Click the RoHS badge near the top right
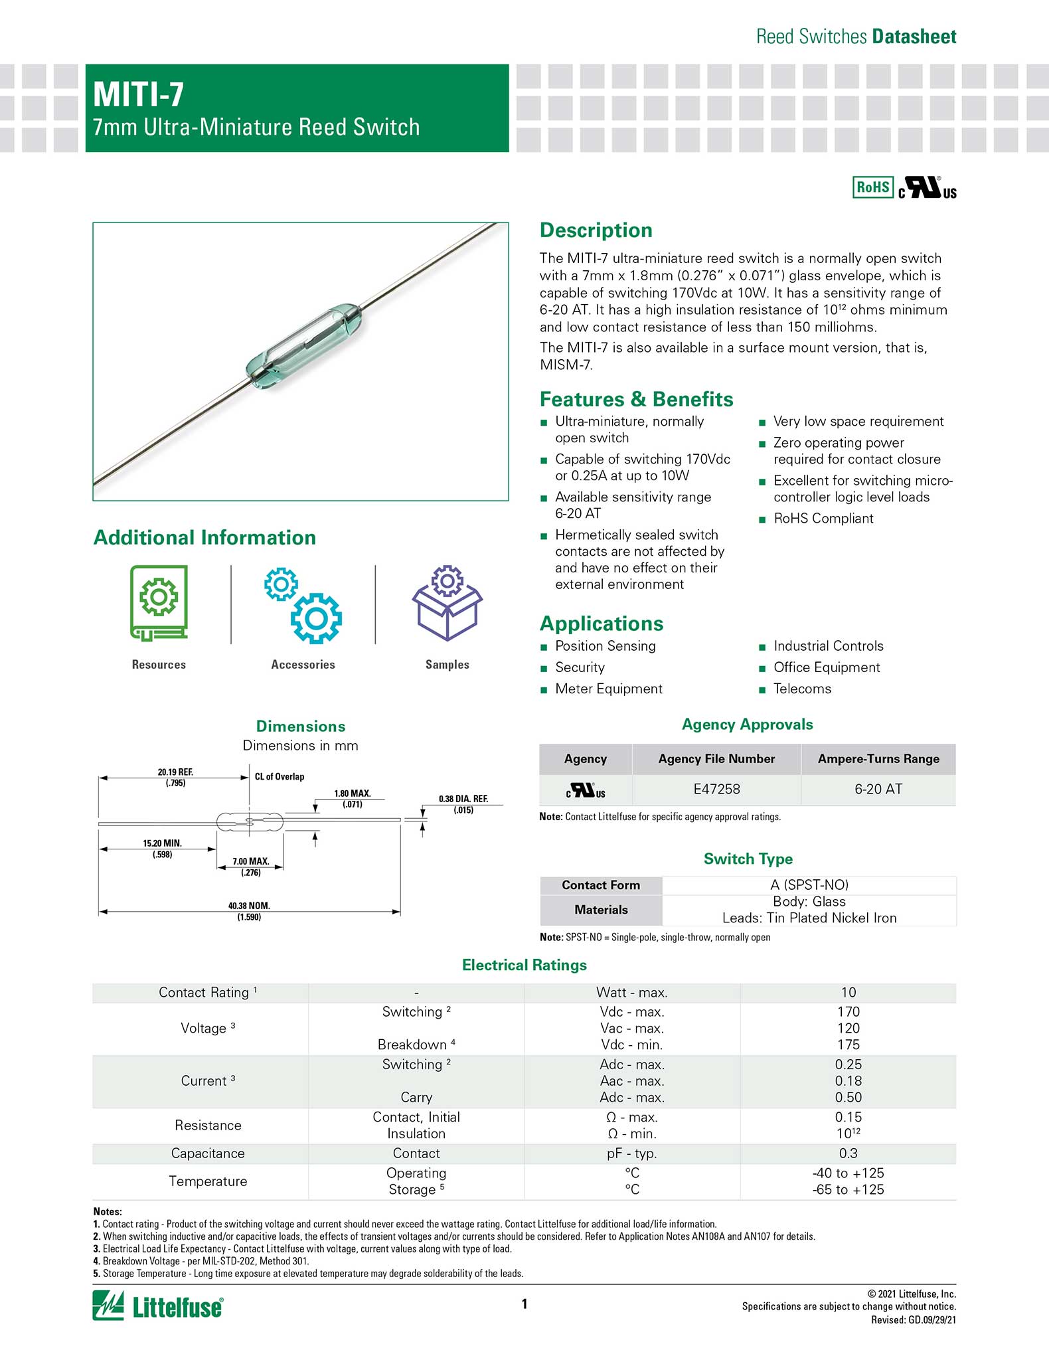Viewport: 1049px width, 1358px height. [x=872, y=187]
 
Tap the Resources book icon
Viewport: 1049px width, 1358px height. [x=159, y=603]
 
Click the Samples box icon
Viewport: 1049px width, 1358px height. [x=447, y=603]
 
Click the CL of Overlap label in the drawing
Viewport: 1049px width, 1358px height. [x=280, y=776]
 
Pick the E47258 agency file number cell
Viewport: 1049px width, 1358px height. [x=716, y=789]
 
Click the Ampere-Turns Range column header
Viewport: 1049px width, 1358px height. [x=878, y=758]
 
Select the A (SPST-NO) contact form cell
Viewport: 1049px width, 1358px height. [x=809, y=885]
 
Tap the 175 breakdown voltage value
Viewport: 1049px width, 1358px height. [x=848, y=1045]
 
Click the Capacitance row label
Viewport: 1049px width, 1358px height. [x=208, y=1153]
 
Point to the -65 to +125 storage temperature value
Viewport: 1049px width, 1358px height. [x=848, y=1189]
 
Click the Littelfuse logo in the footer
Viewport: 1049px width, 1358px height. [x=158, y=1306]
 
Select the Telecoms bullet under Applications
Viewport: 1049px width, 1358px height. [x=802, y=689]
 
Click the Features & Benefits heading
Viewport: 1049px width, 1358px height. [x=636, y=399]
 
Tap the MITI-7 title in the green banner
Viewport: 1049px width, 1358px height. [x=139, y=94]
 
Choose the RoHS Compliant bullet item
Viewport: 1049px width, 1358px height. [x=823, y=519]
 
